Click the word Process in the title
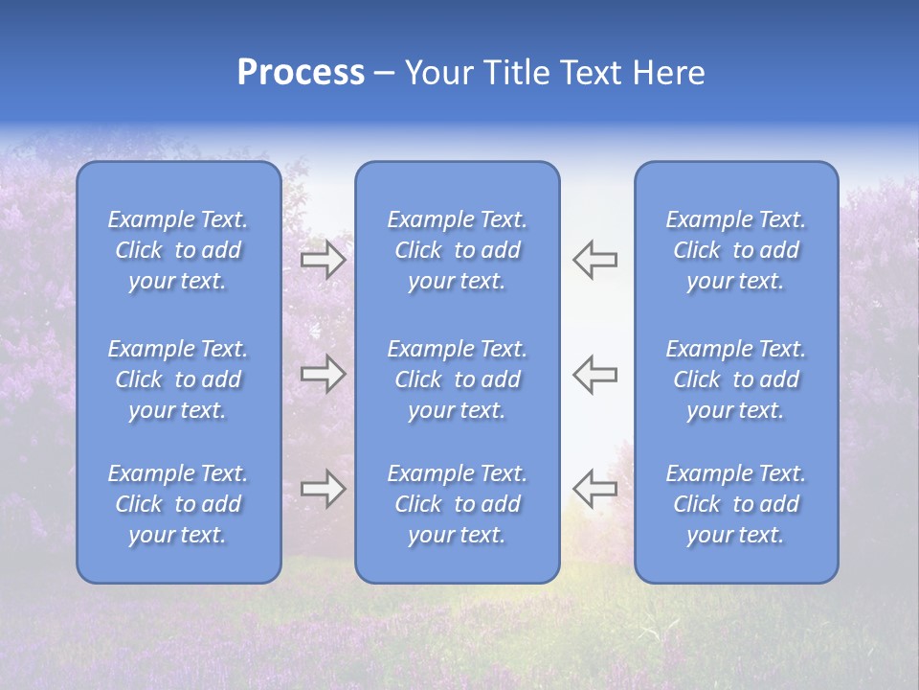(x=301, y=73)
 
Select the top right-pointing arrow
(x=323, y=260)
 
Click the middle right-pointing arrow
(x=323, y=374)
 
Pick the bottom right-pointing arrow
(x=323, y=489)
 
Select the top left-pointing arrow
(x=595, y=260)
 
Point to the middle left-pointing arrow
(x=595, y=374)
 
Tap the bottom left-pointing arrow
(x=595, y=489)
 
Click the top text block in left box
(x=178, y=250)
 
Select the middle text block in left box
(x=178, y=379)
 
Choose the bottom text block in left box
(x=178, y=504)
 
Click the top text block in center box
(x=458, y=250)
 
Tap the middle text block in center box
(x=458, y=379)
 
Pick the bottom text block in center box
(x=458, y=504)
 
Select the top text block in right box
(x=736, y=250)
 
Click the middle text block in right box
(x=736, y=379)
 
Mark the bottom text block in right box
(x=736, y=504)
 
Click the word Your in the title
(x=436, y=73)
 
